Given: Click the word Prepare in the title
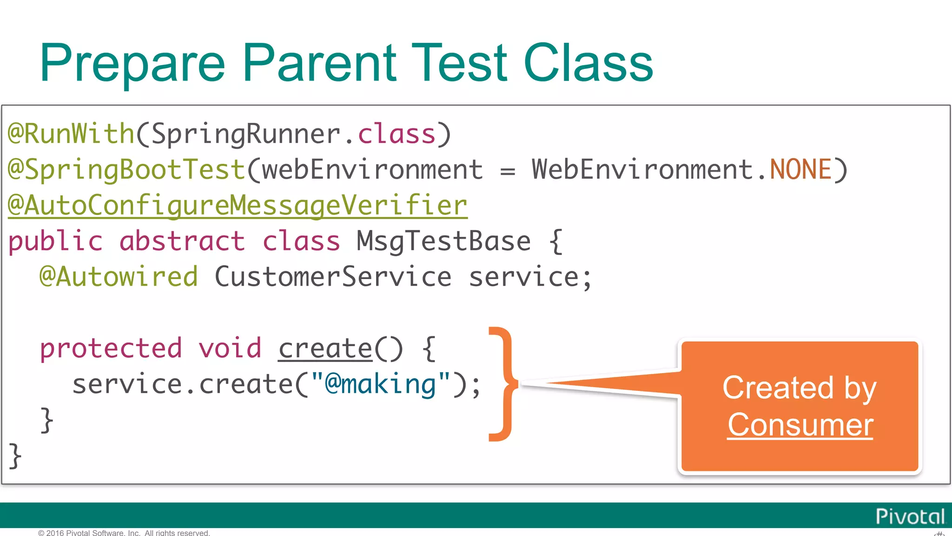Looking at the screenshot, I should pos(132,64).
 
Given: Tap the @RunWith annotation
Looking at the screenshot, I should pos(71,134).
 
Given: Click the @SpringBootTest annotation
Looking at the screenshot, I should pos(126,169).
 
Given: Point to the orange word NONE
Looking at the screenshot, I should pos(800,169).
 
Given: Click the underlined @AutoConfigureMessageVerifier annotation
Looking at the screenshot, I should pos(238,206).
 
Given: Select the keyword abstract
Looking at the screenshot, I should pos(182,241).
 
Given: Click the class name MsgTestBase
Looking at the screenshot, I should pos(443,241).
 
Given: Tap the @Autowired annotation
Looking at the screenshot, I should pos(119,277).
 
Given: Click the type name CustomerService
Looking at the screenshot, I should pos(333,277).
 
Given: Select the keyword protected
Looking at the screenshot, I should pos(111,348).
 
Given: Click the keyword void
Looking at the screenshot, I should pos(230,348).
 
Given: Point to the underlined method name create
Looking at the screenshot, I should pos(325,348).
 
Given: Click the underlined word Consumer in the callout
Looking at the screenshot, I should pos(800,424).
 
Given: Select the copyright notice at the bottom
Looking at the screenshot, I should pos(124,533).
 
